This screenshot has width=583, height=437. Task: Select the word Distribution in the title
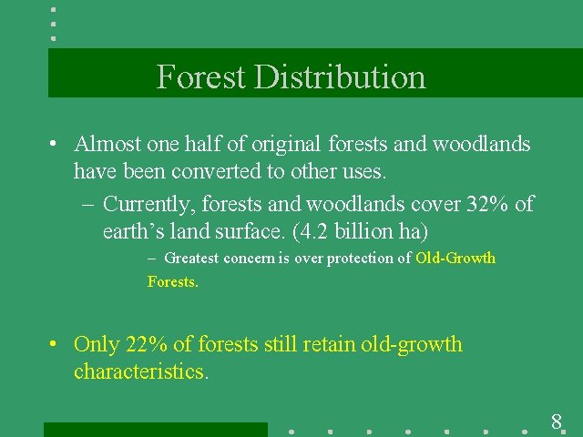point(340,76)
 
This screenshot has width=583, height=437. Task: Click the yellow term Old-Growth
point(455,259)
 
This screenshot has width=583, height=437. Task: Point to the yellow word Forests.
point(172,282)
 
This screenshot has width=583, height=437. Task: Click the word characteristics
point(141,371)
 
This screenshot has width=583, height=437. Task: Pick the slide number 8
point(556,422)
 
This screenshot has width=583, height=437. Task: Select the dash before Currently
point(87,205)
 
